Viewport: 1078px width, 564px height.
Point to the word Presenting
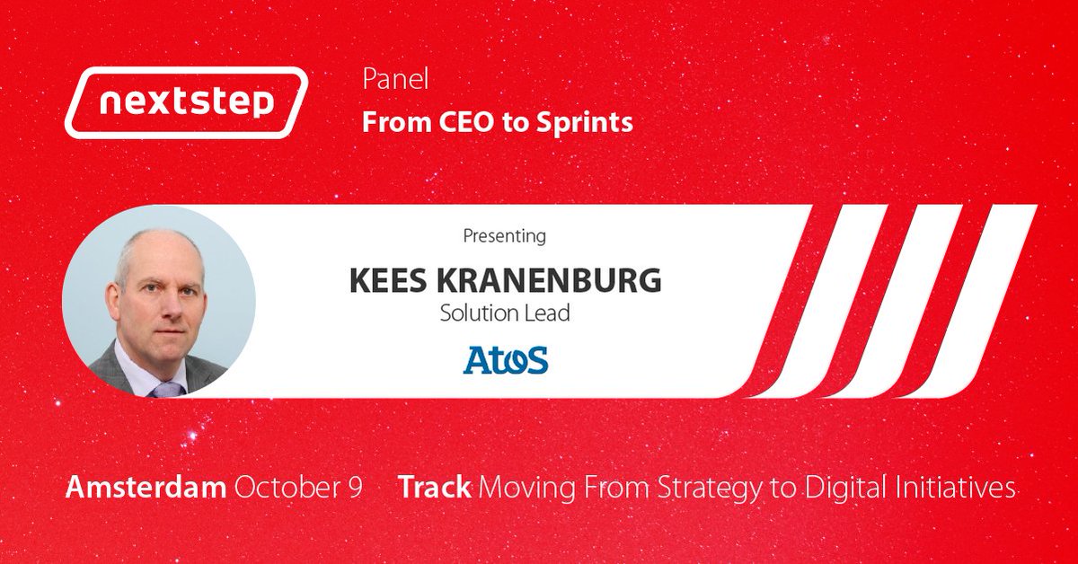504,237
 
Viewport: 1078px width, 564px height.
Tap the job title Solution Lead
504,313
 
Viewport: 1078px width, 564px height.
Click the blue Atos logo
505,359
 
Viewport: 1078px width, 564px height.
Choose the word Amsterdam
146,488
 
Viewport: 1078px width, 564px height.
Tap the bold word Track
435,488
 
